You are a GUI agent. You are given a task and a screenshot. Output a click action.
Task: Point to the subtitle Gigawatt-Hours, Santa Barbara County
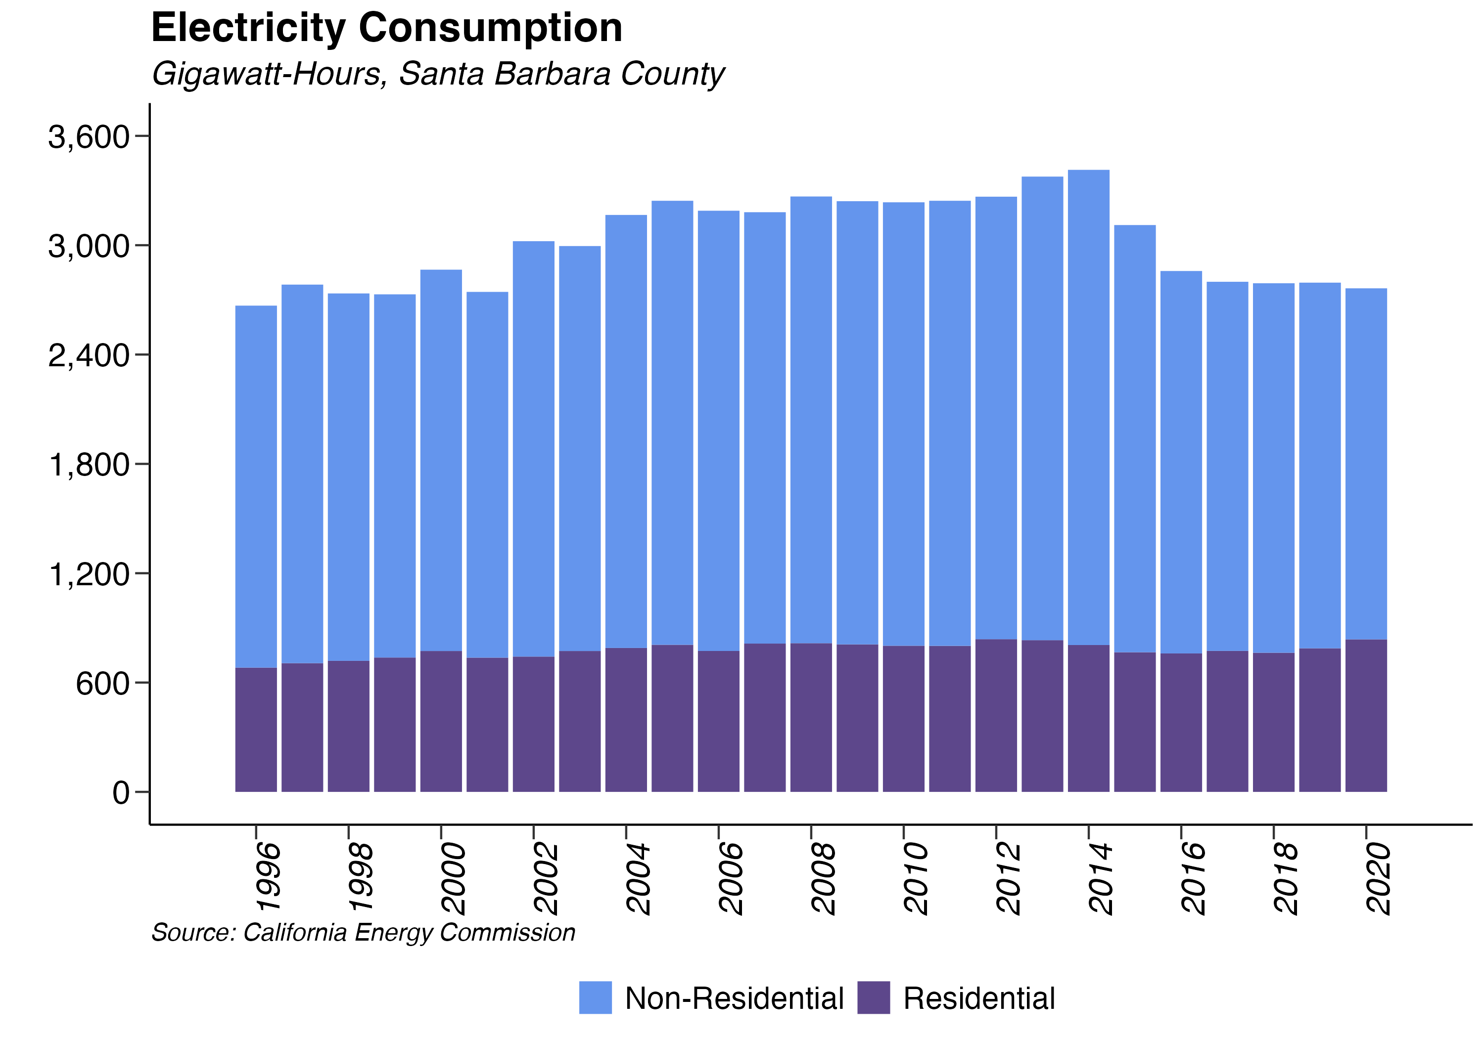coord(438,74)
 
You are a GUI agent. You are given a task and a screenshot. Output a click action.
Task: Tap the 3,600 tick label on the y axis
coord(89,137)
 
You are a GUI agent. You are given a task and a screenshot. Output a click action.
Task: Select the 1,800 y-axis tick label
coord(89,465)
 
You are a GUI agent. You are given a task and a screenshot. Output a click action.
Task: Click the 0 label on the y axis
coord(121,792)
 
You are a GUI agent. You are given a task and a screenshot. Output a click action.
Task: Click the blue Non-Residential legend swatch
coord(595,997)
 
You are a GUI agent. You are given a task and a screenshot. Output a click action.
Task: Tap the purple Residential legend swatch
coord(873,997)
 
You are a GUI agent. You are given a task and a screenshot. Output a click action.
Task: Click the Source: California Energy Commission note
coord(363,933)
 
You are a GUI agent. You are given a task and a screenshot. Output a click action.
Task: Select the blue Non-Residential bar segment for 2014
coord(1088,407)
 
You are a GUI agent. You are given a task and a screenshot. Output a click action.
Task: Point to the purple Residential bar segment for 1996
coord(256,730)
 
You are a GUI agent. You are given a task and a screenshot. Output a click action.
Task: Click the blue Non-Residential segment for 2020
coord(1366,464)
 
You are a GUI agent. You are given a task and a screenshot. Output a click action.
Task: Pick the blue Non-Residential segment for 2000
coord(441,460)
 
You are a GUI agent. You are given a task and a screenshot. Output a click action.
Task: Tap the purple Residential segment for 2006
coord(718,722)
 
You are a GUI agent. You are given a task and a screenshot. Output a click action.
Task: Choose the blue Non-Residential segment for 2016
coord(1181,462)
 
